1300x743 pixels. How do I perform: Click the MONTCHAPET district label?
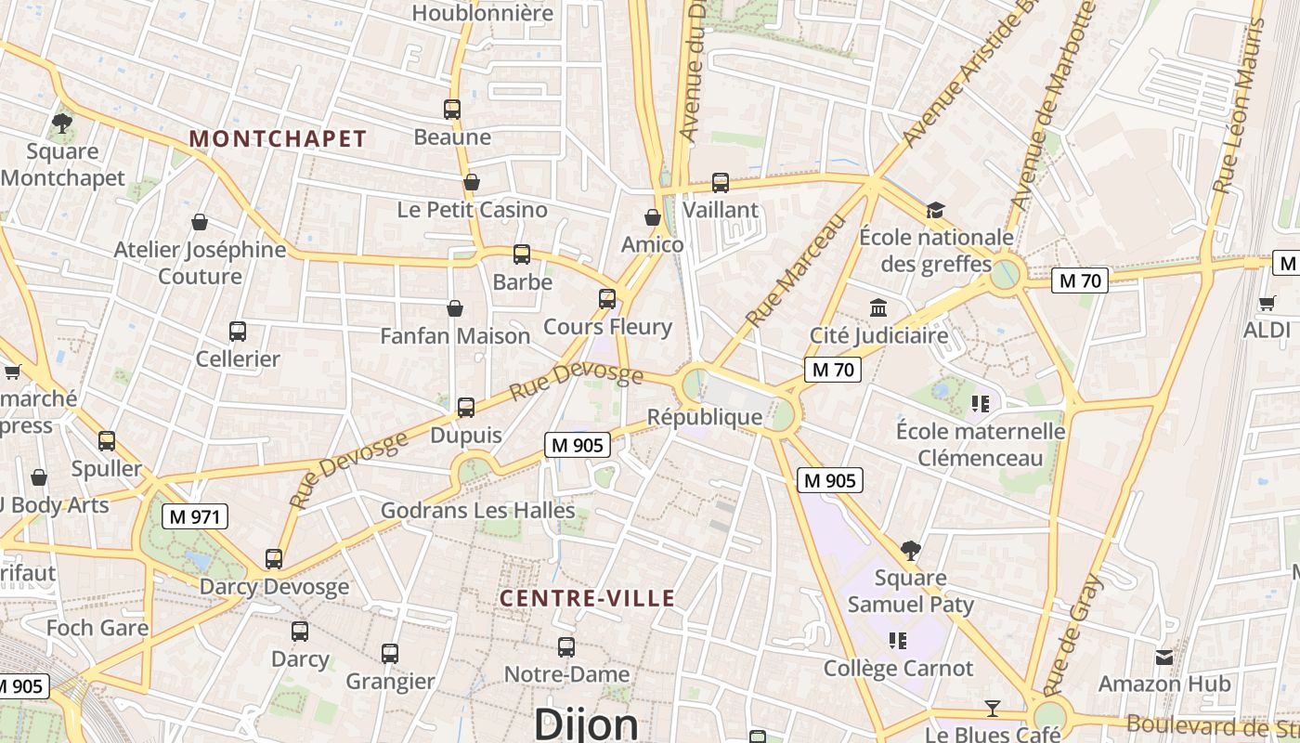(x=278, y=139)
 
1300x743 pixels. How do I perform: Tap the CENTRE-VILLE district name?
(x=587, y=599)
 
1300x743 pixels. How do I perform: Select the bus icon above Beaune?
(x=452, y=110)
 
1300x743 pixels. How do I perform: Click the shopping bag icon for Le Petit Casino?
(x=472, y=182)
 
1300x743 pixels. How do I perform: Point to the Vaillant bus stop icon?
(x=721, y=183)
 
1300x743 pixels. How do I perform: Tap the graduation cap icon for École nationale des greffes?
(x=935, y=210)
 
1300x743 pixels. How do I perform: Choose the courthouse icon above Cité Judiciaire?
(x=878, y=307)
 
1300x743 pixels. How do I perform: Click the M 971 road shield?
(x=195, y=516)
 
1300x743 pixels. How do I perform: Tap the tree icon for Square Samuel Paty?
(x=911, y=551)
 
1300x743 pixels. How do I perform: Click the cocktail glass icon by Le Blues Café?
(x=993, y=710)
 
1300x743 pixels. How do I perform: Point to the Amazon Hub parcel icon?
(x=1164, y=658)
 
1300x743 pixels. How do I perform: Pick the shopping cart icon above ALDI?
(x=1267, y=303)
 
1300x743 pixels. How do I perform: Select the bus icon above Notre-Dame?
(x=566, y=647)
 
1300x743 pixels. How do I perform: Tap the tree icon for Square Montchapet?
(x=62, y=123)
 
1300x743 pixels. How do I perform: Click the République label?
(x=705, y=417)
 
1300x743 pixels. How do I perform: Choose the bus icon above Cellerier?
(x=238, y=332)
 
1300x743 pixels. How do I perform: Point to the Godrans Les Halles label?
(x=478, y=510)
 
